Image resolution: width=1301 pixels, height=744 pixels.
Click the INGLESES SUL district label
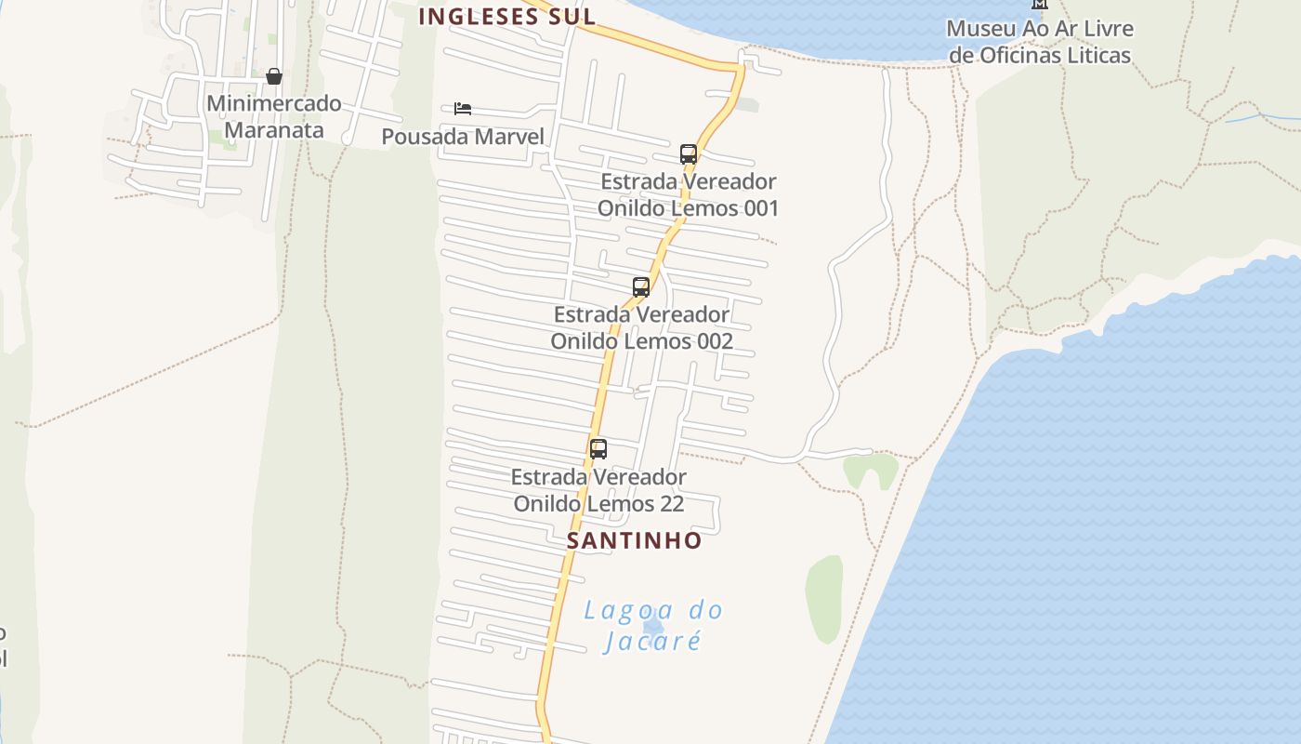coord(506,16)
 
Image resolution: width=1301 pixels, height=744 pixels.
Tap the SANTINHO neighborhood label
coord(635,540)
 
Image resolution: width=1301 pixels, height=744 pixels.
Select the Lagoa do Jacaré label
coord(652,625)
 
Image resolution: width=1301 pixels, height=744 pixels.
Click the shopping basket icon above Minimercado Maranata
coord(273,75)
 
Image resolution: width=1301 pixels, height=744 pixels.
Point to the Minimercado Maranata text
coord(274,116)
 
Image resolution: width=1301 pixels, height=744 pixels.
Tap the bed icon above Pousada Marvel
coord(463,109)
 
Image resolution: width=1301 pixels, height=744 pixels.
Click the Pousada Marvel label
coord(463,137)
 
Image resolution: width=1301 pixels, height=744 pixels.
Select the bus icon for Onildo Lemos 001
coord(689,153)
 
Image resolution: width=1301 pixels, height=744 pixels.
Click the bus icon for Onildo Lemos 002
coord(641,286)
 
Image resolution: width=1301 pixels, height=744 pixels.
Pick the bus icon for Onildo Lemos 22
coord(598,448)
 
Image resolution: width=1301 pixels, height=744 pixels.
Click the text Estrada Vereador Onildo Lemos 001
coord(688,194)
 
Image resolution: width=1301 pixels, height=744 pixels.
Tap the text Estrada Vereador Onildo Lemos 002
coord(641,327)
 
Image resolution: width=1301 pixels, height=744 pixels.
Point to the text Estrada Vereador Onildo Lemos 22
coord(598,490)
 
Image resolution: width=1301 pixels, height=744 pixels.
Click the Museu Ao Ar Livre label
coord(1040,42)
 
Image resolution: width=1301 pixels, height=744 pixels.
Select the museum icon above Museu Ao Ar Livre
coord(1040,4)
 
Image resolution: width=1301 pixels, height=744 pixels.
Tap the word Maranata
coord(274,129)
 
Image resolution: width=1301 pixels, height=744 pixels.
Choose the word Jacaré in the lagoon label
coord(652,641)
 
